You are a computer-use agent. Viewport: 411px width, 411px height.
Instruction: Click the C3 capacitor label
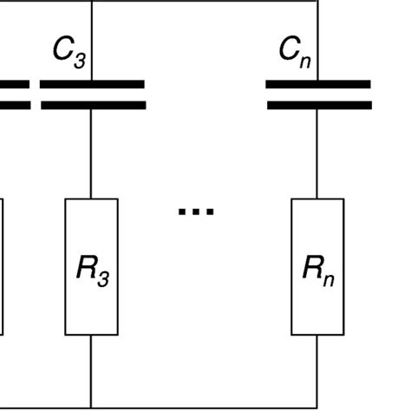point(68,52)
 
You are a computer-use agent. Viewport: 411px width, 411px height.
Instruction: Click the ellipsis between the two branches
point(195,211)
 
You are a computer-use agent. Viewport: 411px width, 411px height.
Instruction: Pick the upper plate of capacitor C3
point(92,85)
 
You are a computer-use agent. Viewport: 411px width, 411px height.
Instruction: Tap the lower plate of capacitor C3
point(92,105)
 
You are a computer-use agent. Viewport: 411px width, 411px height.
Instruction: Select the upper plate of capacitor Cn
point(317,85)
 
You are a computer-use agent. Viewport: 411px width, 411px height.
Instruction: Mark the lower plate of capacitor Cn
point(317,105)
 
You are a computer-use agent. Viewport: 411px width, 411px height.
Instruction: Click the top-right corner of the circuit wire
point(317,2)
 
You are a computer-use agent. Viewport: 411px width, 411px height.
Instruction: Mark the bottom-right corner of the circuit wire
point(317,406)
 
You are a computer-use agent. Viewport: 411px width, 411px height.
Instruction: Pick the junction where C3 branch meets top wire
point(92,2)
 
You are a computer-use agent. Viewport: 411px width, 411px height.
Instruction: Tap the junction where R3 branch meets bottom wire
point(92,406)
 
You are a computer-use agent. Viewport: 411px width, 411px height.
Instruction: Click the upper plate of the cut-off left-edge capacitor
point(14,85)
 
